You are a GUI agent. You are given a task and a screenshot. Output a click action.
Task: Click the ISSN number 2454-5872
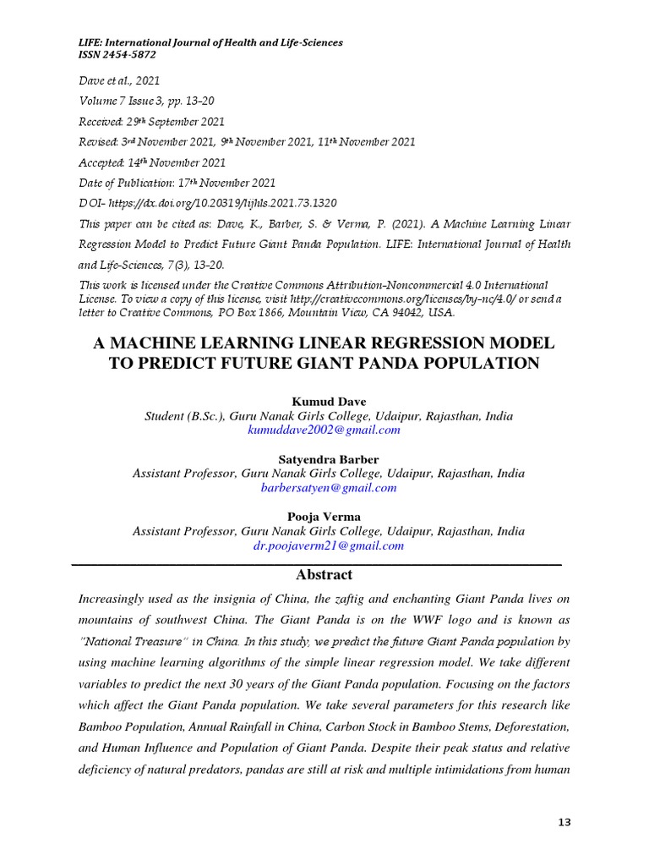click(128, 54)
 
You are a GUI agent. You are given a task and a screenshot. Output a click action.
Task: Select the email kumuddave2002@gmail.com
click(324, 430)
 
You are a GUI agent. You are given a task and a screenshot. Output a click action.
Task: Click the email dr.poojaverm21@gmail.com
click(328, 545)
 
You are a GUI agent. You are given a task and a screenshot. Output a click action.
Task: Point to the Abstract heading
click(324, 575)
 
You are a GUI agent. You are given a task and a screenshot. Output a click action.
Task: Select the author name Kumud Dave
click(324, 401)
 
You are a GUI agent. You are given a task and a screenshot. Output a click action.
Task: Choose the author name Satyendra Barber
click(324, 459)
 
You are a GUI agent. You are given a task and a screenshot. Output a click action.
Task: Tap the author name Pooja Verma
click(324, 517)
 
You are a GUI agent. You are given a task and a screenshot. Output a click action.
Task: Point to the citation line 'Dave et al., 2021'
click(119, 81)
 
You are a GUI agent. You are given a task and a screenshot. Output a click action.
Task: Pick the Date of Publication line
click(177, 183)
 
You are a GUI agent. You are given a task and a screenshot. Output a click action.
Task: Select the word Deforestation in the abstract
click(528, 726)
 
